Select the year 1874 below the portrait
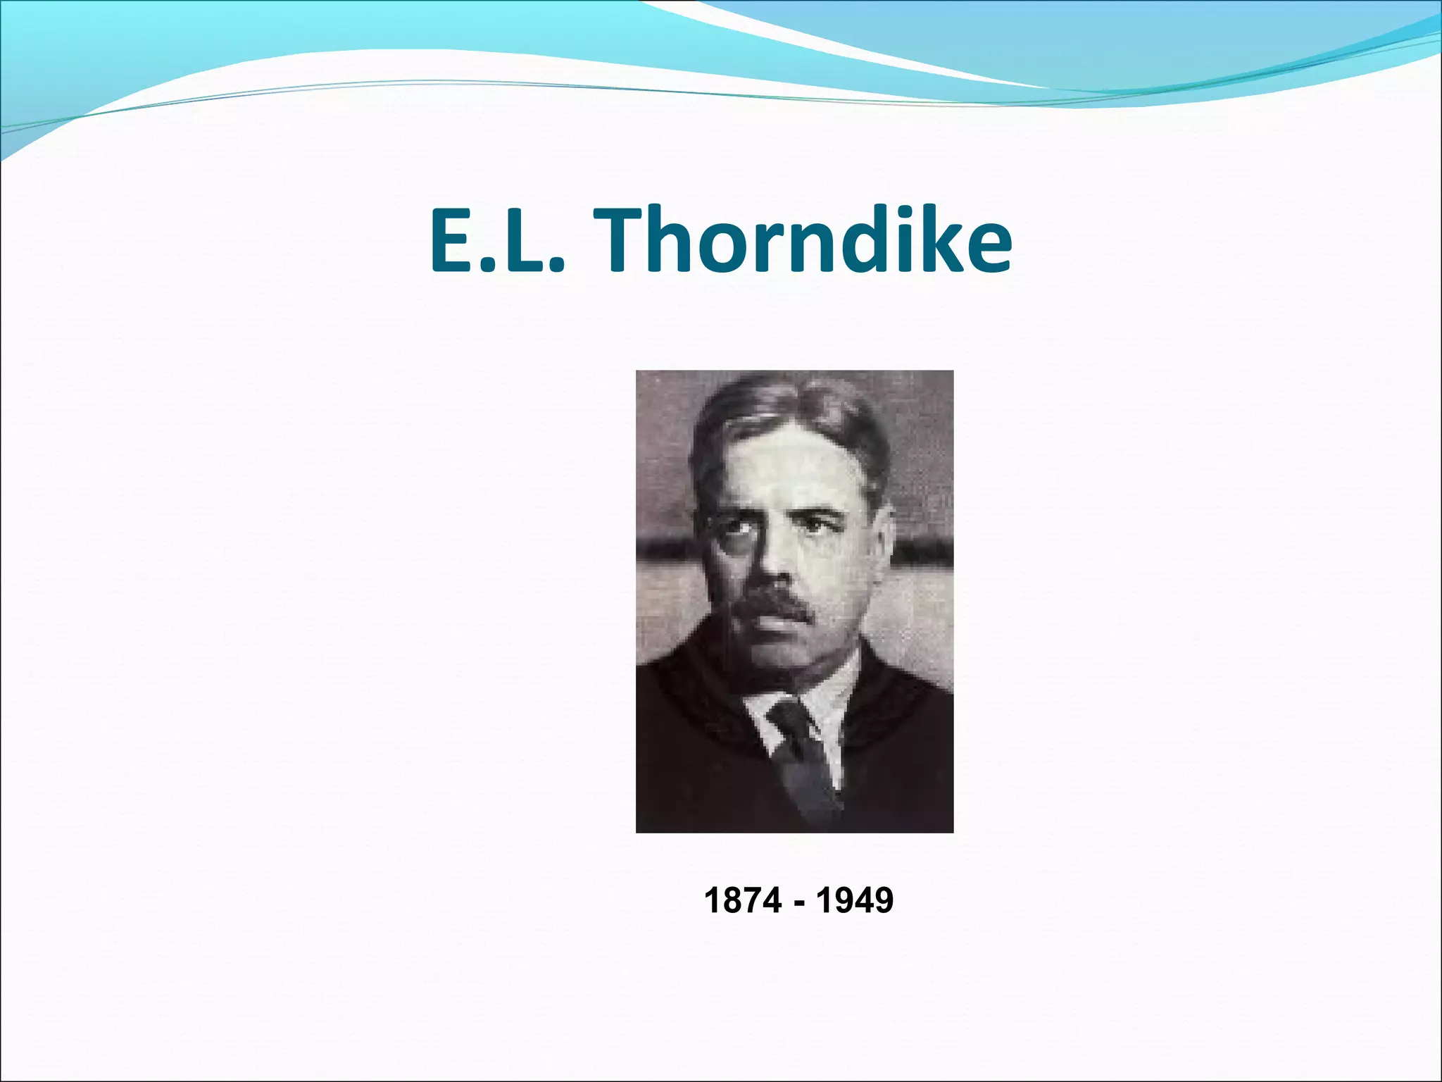click(742, 900)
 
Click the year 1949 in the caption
click(855, 900)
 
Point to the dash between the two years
click(798, 902)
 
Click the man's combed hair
click(789, 412)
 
